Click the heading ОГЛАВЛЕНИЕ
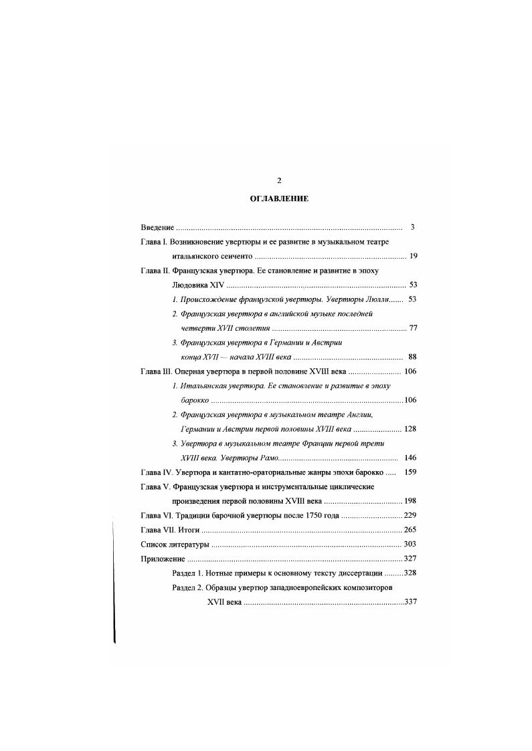click(x=278, y=199)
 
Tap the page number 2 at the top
click(x=279, y=180)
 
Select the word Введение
click(x=157, y=227)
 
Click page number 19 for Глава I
click(x=413, y=257)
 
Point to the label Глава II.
click(x=155, y=271)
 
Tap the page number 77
click(x=413, y=329)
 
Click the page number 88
click(x=413, y=357)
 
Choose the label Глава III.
click(x=156, y=371)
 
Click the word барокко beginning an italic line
click(x=194, y=400)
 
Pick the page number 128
click(x=410, y=429)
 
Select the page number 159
click(x=410, y=472)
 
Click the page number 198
click(x=410, y=501)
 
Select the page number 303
click(x=410, y=545)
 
